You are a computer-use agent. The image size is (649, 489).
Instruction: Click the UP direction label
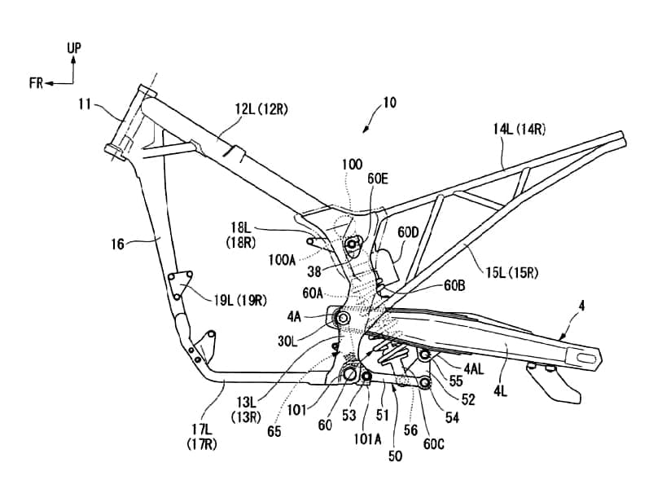pyautogui.click(x=74, y=49)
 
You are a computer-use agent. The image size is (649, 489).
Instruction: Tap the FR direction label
pyautogui.click(x=36, y=82)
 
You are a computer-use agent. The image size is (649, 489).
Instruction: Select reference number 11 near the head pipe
pyautogui.click(x=86, y=104)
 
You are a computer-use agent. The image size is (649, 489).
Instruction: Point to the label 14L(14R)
pyautogui.click(x=520, y=129)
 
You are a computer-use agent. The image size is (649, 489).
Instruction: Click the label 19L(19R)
pyautogui.click(x=240, y=299)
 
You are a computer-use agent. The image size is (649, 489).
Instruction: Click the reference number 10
pyautogui.click(x=389, y=104)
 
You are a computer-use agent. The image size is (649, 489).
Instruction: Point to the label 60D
pyautogui.click(x=409, y=233)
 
